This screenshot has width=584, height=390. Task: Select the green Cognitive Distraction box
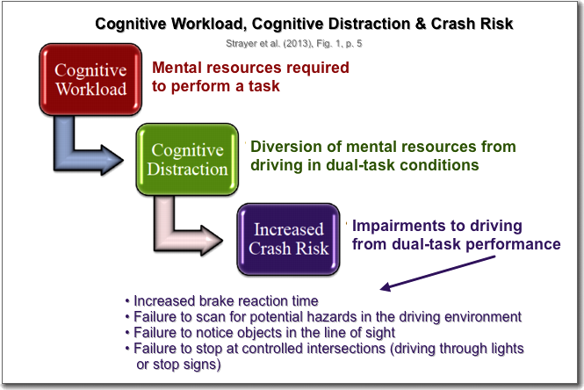(x=186, y=158)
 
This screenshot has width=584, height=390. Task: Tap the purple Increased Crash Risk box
(x=289, y=239)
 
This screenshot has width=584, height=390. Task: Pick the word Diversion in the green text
(x=285, y=147)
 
